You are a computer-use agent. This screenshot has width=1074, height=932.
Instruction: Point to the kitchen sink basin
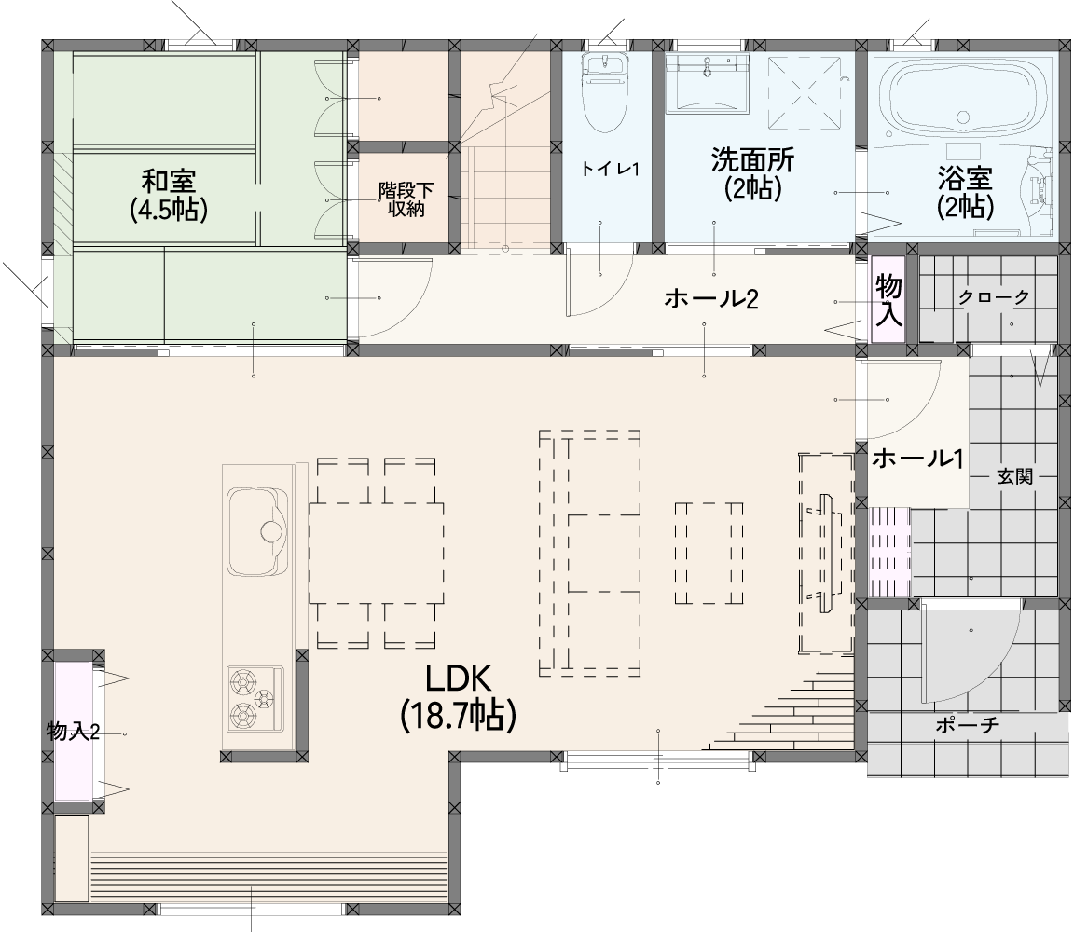[x=256, y=531]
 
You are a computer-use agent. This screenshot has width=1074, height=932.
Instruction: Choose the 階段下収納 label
[x=406, y=199]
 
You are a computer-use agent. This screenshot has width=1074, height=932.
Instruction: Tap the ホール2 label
[x=711, y=299]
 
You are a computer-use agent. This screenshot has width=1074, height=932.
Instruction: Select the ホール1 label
[x=917, y=459]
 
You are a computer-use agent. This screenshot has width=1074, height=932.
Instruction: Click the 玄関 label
[x=1014, y=476]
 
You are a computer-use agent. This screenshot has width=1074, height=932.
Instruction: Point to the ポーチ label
[x=967, y=725]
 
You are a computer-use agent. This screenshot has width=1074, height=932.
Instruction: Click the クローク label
[x=993, y=297]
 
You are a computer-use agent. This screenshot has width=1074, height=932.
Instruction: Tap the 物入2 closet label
[x=74, y=732]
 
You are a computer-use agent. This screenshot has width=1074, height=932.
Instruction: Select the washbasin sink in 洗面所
[x=706, y=82]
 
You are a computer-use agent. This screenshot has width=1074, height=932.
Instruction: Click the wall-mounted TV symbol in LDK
[x=825, y=553]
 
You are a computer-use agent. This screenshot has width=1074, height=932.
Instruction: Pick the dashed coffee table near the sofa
[x=709, y=553]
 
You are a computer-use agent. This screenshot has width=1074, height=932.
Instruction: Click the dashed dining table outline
[x=376, y=553]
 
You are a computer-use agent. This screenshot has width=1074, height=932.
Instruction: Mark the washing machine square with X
[x=805, y=93]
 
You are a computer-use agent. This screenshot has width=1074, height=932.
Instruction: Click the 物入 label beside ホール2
[x=888, y=301]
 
